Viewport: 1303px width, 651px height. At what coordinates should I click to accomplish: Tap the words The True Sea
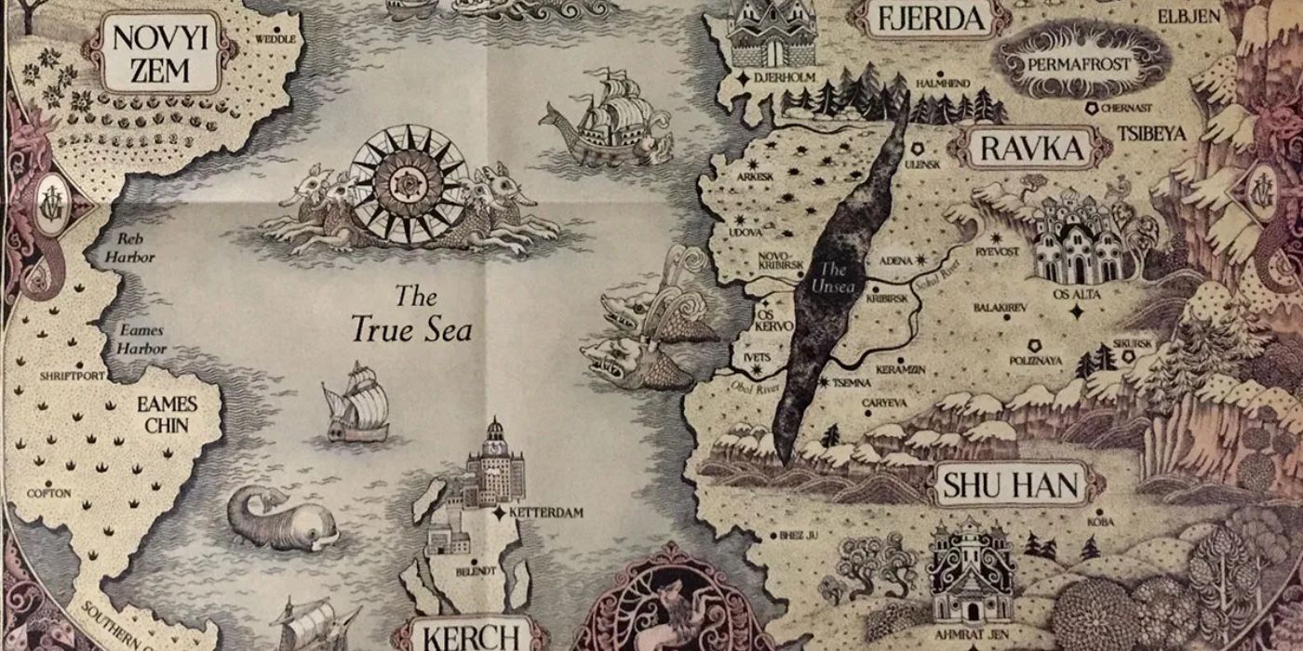click(x=411, y=314)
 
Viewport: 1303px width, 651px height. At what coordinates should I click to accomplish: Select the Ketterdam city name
click(x=547, y=512)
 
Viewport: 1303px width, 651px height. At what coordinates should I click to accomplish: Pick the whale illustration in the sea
click(x=280, y=521)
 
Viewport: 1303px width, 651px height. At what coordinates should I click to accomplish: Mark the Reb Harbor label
click(x=129, y=248)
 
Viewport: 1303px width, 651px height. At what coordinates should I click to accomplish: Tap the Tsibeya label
click(x=1154, y=134)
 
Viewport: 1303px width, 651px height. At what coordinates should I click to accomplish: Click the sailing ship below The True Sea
click(x=357, y=402)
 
